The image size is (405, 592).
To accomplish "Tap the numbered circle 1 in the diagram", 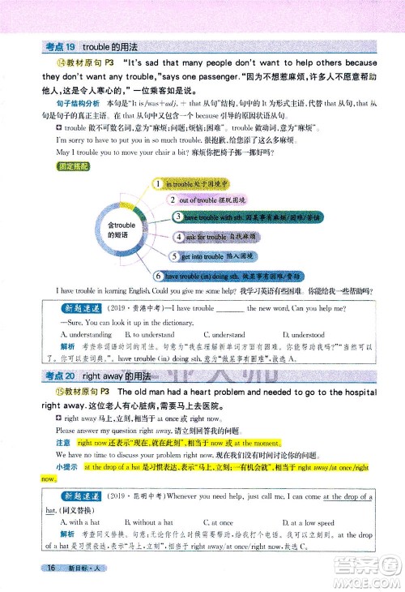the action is click(x=160, y=186).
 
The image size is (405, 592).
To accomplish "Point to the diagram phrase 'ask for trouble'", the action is click(x=205, y=237).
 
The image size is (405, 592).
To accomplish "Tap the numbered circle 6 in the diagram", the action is click(x=160, y=276).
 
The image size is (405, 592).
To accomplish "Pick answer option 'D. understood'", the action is click(x=304, y=333).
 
